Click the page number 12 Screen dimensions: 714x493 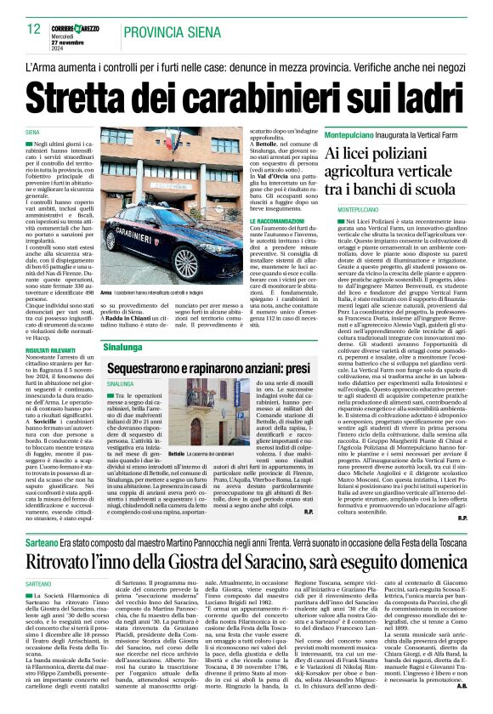coord(34,28)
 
